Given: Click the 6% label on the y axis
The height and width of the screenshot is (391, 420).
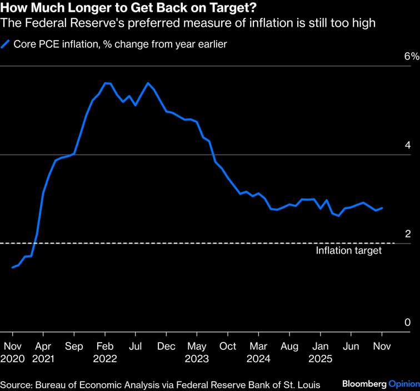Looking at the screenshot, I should [x=410, y=57].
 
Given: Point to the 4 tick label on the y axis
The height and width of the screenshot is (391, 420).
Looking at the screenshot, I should [x=408, y=145].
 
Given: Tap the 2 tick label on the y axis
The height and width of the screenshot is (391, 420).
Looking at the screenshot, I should [x=408, y=234].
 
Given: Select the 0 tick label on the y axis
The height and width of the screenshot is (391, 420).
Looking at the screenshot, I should [x=408, y=323].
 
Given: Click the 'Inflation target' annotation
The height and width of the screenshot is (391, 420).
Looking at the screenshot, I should [x=349, y=251].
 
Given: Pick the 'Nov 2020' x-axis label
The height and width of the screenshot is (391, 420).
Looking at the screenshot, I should [x=13, y=353].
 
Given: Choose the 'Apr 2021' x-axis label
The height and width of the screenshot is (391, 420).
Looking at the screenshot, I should [x=43, y=353].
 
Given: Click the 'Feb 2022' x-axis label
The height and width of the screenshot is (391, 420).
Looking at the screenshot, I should [x=105, y=353].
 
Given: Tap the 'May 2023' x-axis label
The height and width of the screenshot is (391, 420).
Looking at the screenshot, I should [x=197, y=353].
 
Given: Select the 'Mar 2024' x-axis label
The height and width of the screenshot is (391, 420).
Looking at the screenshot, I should [x=258, y=353].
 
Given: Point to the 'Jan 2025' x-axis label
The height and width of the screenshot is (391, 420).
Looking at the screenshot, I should [x=320, y=353].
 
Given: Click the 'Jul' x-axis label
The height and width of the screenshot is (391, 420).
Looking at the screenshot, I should [x=135, y=347].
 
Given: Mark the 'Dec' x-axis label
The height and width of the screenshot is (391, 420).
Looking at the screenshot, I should [x=166, y=347].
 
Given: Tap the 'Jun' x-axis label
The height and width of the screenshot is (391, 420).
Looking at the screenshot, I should [x=351, y=347].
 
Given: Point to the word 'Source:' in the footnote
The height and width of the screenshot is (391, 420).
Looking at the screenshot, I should [x=17, y=384].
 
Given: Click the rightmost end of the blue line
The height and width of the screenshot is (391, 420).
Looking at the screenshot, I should [x=382, y=208].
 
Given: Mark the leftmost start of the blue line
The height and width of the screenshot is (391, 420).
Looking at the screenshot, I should [x=12, y=268].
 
